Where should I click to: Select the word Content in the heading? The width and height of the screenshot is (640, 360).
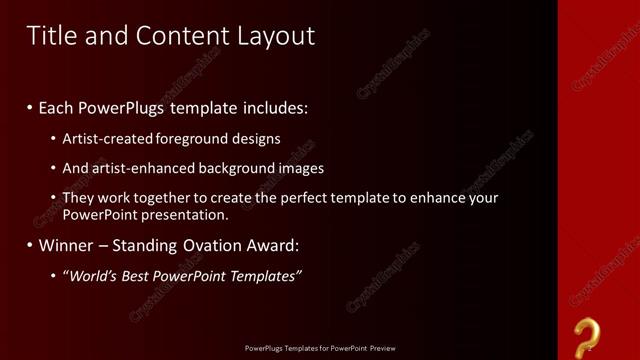[179, 36]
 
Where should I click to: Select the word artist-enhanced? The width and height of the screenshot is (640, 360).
[130, 168]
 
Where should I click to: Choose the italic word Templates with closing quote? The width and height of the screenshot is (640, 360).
[266, 275]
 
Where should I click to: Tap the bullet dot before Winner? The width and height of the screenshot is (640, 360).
[31, 245]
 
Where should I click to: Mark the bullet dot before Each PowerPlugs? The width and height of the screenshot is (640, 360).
[31, 107]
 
